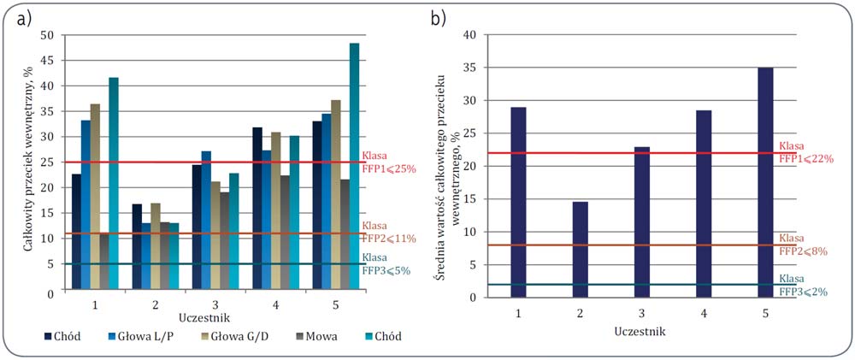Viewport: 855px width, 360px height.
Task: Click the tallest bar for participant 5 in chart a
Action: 355,168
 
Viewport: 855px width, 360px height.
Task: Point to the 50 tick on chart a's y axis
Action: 48,36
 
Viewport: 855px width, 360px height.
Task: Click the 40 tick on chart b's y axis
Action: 469,35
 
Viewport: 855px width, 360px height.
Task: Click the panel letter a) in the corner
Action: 26,21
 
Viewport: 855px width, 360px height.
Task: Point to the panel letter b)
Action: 439,21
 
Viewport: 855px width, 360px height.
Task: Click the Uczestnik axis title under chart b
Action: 642,329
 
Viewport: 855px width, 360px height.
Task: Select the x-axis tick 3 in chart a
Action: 217,304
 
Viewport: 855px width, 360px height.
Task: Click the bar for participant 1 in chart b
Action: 519,203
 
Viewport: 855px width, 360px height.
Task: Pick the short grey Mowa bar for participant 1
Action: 104,263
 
